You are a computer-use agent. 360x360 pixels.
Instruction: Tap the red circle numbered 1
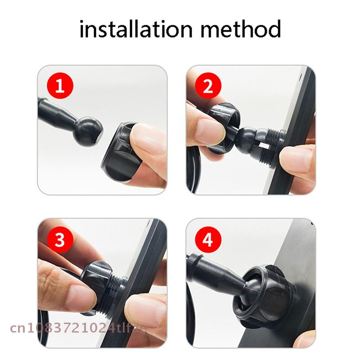click(60, 86)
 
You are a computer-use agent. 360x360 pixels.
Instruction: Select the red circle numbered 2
click(208, 86)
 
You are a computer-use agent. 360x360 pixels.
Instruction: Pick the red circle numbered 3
click(60, 239)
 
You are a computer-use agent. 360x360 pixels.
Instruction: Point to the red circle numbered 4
click(208, 239)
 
